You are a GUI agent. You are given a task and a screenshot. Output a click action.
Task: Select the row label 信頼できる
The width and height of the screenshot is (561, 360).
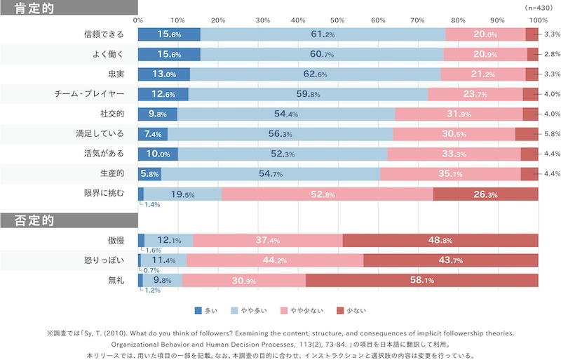click(x=103, y=34)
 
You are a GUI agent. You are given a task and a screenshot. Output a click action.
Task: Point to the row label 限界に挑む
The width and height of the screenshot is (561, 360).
click(x=103, y=194)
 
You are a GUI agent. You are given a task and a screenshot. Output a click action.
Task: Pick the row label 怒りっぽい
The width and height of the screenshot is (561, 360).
click(x=103, y=260)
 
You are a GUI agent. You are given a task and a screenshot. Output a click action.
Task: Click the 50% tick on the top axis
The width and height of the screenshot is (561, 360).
click(x=338, y=20)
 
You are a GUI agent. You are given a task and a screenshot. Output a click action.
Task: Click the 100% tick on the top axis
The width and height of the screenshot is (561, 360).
click(x=537, y=20)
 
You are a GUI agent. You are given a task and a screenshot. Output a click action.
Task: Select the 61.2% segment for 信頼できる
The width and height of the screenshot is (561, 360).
click(x=323, y=34)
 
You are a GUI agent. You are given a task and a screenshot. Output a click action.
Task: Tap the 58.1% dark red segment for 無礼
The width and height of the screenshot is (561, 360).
click(x=421, y=281)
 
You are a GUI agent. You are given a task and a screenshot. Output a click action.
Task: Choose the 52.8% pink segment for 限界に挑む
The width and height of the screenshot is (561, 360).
click(x=327, y=194)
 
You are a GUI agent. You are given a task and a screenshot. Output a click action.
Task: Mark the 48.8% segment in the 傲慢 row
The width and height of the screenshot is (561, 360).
click(x=440, y=241)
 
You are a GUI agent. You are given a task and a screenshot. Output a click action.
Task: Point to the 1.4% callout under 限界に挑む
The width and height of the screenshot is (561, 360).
click(x=152, y=204)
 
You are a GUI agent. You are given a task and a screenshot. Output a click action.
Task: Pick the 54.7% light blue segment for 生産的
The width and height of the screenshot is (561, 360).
click(x=271, y=174)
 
